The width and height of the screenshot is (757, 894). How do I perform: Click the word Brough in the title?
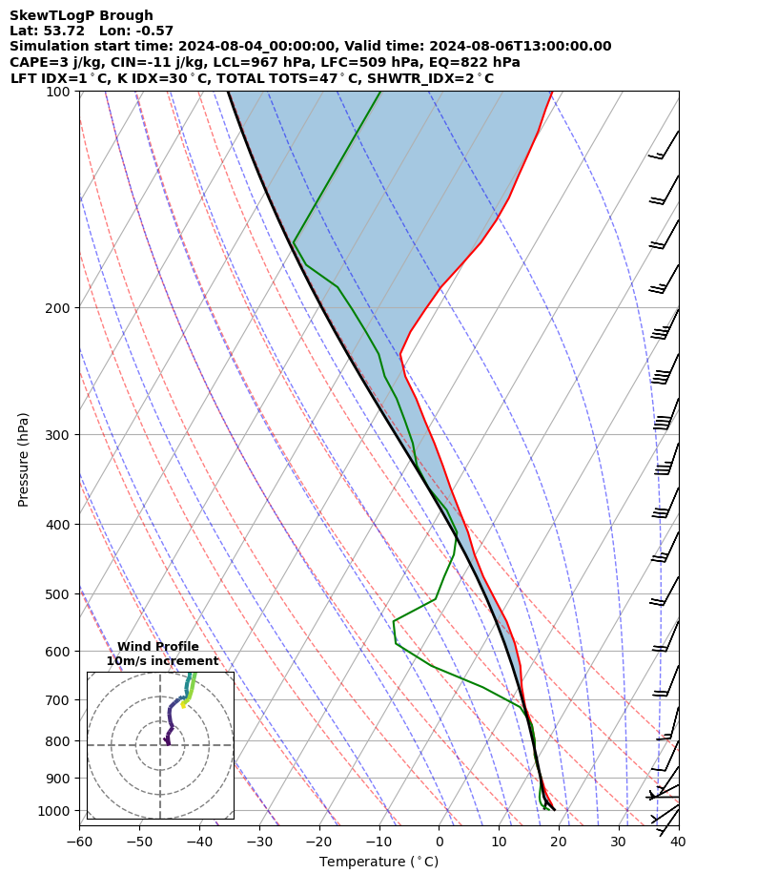(x=121, y=15)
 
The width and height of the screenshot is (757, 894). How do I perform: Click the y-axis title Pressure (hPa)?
(x=24, y=459)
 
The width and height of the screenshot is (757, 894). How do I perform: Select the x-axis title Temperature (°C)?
(x=378, y=862)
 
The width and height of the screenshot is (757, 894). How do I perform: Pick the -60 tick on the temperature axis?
(x=79, y=842)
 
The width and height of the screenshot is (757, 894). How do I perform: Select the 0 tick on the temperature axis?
(x=439, y=842)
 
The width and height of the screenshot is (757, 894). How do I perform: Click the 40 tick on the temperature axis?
(x=677, y=842)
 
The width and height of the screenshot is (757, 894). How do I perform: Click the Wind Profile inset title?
(x=158, y=647)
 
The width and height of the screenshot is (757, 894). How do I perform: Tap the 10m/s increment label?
(x=162, y=661)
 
